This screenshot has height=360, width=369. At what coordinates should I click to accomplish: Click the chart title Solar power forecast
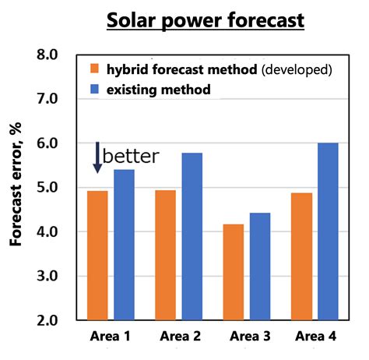point(206,20)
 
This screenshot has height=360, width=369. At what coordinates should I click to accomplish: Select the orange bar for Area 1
point(97,255)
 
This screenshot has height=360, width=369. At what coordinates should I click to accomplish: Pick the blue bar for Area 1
point(124,244)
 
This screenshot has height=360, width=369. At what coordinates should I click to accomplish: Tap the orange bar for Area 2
point(165,255)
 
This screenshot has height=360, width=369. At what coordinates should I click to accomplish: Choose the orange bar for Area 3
point(233,272)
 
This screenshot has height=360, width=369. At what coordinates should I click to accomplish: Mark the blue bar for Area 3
point(259,266)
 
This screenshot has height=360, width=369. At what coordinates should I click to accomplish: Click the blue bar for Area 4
point(327,231)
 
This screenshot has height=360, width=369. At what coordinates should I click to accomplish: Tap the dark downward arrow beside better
point(97,156)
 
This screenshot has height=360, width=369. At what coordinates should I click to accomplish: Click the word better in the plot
point(131,156)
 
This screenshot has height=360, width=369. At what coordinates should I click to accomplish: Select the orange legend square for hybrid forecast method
point(93,69)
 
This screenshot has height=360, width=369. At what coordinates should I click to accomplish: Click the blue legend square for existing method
point(93,90)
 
